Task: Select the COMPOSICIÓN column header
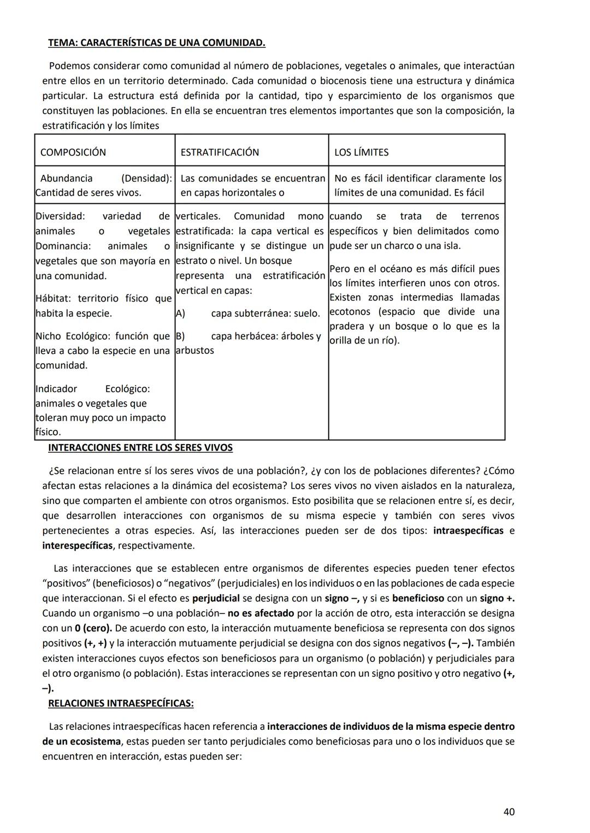tap(73, 152)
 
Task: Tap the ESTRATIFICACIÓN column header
tap(220, 152)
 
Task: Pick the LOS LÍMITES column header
tap(361, 152)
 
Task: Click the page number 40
tap(508, 812)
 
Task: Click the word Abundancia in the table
tap(66, 178)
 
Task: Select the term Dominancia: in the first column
tap(63, 246)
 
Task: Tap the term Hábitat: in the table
tap(54, 298)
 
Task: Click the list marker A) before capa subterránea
tap(180, 314)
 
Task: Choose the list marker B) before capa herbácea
tap(180, 336)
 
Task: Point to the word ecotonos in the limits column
tap(350, 311)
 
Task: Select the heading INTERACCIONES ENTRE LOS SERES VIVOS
tap(140, 448)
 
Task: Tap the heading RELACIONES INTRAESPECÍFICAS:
tap(121, 703)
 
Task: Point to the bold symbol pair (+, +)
tap(96, 643)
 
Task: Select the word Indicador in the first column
tap(56, 389)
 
